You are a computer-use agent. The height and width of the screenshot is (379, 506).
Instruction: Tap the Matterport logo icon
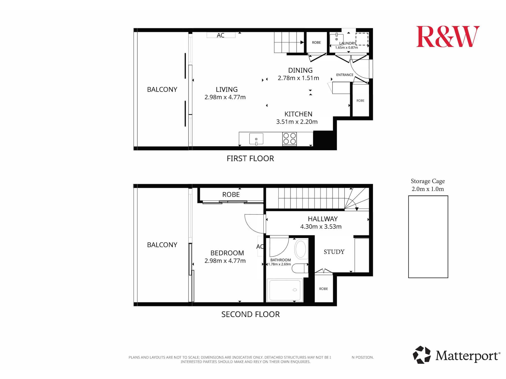pyautogui.click(x=422, y=355)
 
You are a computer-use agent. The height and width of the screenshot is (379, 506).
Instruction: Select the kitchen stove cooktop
pyautogui.click(x=289, y=139)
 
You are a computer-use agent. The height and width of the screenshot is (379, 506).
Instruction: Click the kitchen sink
pyautogui.click(x=256, y=139)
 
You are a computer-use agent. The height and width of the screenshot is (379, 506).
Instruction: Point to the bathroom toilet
pyautogui.click(x=300, y=268)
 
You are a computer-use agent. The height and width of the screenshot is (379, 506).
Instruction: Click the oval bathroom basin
pyautogui.click(x=301, y=249)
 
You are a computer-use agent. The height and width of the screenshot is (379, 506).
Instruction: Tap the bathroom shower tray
pyautogui.click(x=285, y=290)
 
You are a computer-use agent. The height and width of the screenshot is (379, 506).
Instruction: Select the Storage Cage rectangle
pyautogui.click(x=428, y=237)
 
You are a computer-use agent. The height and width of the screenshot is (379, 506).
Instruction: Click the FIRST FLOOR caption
pyautogui.click(x=250, y=158)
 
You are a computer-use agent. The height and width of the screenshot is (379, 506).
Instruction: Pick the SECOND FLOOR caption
pyautogui.click(x=250, y=314)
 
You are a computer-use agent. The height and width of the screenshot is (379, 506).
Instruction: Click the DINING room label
pyautogui.click(x=300, y=70)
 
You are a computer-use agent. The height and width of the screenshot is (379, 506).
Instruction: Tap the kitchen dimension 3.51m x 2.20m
pyautogui.click(x=297, y=122)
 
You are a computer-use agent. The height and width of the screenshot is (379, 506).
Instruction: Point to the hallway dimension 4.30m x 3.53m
pyautogui.click(x=321, y=227)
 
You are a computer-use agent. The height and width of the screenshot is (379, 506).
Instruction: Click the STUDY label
pyautogui.click(x=334, y=252)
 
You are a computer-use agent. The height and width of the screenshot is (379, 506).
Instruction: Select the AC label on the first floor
pyautogui.click(x=220, y=35)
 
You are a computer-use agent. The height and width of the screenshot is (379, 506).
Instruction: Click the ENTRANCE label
pyautogui.click(x=345, y=75)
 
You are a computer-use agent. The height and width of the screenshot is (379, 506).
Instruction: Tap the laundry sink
pyautogui.click(x=336, y=39)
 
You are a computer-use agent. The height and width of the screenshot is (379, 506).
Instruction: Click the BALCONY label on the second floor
pyautogui.click(x=162, y=245)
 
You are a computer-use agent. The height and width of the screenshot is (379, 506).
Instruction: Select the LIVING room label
pyautogui.click(x=227, y=89)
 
